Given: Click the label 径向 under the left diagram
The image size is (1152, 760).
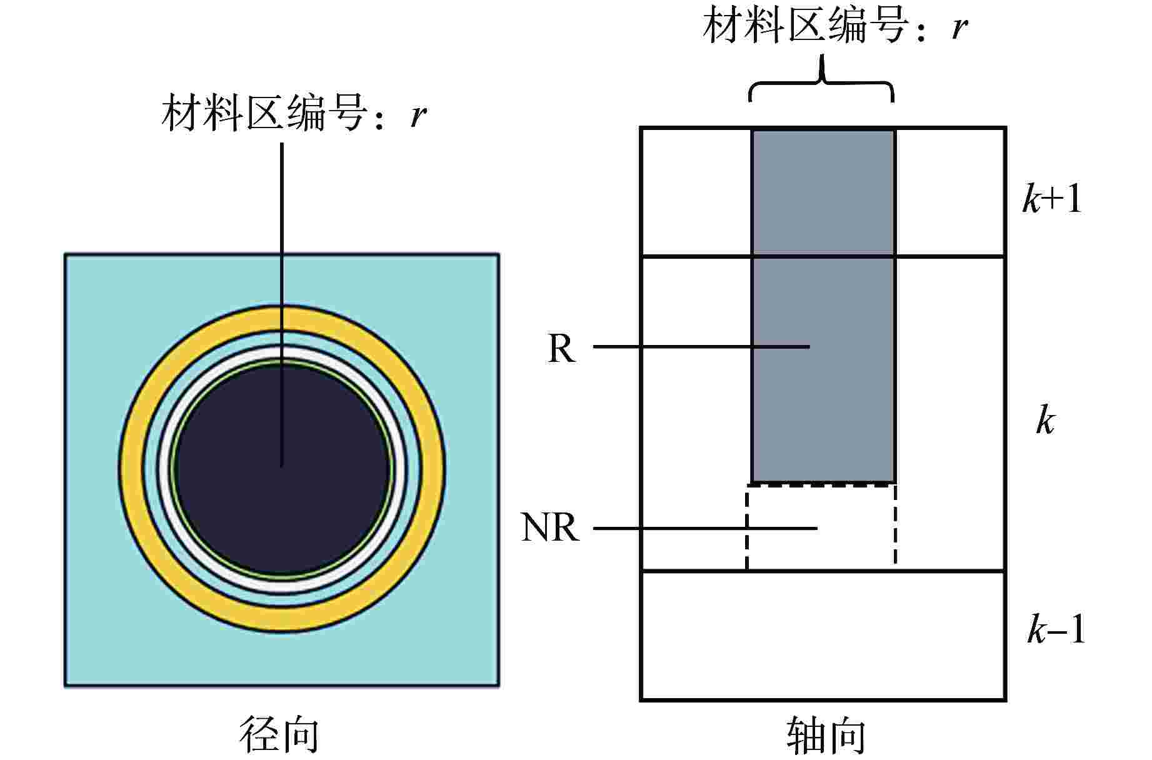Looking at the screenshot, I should click(x=279, y=734).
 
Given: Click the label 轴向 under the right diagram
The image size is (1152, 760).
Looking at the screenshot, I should click(x=826, y=736).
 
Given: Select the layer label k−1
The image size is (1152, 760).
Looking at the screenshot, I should click(x=1056, y=629).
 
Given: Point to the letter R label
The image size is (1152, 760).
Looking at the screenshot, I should click(x=561, y=348).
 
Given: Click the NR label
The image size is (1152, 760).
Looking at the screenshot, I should click(x=550, y=528).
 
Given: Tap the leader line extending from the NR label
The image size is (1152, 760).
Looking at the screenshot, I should click(x=688, y=529).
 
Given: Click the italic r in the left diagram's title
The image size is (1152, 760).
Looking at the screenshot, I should click(x=418, y=114).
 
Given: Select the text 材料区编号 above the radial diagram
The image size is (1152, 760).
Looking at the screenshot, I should click(x=263, y=114).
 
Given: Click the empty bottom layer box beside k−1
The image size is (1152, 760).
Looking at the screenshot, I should click(x=823, y=635).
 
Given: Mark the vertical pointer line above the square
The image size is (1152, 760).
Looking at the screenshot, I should click(x=282, y=200).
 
